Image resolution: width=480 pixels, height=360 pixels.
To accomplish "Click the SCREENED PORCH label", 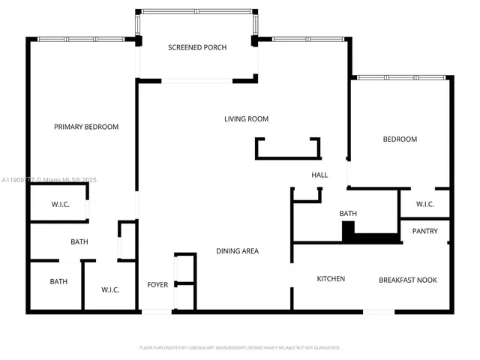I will pos(197,47).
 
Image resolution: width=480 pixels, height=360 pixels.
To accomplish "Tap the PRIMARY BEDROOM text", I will pos(86,127).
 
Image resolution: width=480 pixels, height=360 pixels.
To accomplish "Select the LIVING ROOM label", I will pos(246,118).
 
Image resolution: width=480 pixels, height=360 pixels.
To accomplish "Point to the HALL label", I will pos(320,175).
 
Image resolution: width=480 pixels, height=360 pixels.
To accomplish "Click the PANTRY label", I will pos(424,231).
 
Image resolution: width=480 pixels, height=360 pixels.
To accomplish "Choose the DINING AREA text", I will pos(237,250).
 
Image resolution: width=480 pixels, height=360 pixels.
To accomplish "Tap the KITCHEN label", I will pos(331,279).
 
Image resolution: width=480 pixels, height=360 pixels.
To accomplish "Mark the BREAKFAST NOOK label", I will pos(407,280).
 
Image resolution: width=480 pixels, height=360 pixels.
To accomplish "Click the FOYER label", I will pos(157,284).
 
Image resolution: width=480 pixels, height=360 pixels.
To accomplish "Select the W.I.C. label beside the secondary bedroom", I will pos(425,204).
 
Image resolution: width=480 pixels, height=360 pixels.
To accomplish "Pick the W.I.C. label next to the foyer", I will pos(112,289).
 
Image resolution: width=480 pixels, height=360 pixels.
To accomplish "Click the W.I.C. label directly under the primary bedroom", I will pos(61,204).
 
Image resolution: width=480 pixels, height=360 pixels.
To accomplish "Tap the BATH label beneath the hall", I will pos(348,214).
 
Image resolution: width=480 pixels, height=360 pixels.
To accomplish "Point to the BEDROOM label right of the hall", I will pos(400,139).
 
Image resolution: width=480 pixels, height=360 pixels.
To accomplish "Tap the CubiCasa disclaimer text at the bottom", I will pos(240,347).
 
